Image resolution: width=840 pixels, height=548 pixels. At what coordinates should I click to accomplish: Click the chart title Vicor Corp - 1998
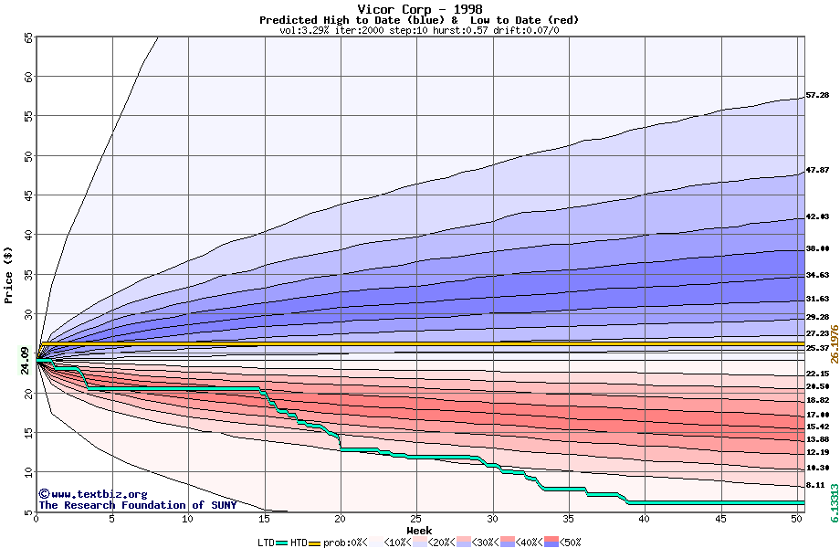pos(419,9)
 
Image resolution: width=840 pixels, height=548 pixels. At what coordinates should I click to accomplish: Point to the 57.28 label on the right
pos(817,95)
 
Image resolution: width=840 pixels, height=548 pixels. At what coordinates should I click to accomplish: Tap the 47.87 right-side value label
pos(817,170)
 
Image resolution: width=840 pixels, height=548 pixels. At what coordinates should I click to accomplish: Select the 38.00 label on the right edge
pos(817,248)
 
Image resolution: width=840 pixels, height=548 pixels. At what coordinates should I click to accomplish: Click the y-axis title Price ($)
pos(9,275)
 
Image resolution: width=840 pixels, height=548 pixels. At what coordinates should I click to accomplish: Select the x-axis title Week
pos(419,530)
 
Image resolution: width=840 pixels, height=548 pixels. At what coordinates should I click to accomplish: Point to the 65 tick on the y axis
pos(27,37)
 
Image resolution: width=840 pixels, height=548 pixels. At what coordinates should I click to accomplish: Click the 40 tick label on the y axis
pos(27,235)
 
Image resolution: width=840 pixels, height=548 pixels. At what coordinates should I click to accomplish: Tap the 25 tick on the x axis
pos(416,519)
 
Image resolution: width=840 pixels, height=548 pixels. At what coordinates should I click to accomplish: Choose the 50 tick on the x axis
pos(796,519)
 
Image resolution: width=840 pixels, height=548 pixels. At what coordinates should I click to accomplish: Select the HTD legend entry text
pos(299,543)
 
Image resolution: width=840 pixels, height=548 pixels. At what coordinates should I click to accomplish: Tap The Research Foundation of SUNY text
pos(137,505)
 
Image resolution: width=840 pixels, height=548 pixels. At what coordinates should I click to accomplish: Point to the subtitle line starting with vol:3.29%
pos(419,30)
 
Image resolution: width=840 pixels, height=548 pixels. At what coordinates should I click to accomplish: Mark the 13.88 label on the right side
pos(817,439)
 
